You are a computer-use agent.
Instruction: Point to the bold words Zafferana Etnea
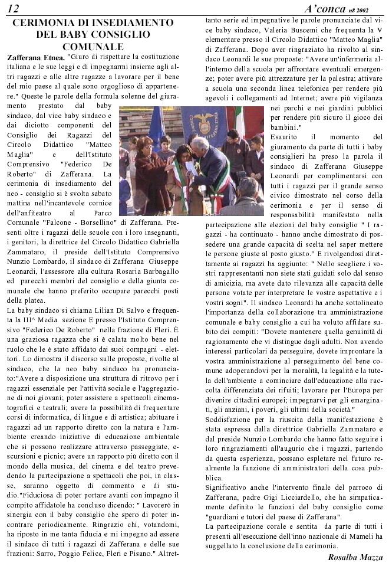tap(35, 58)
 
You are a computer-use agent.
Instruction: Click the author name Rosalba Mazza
tap(355, 557)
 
